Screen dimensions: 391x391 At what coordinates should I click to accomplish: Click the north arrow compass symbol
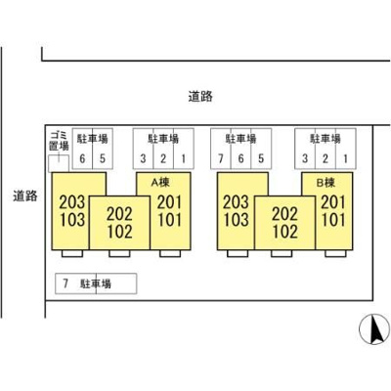[374, 329]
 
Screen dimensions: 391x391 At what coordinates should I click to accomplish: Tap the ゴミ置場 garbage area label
[60, 141]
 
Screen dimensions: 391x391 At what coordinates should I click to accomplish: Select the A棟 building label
[160, 183]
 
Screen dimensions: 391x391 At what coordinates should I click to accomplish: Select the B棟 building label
[326, 183]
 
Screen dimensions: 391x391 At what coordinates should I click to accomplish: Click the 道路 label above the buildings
[200, 97]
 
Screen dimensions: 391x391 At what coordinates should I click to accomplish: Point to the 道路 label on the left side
[25, 195]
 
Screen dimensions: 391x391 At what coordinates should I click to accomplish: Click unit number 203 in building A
[72, 202]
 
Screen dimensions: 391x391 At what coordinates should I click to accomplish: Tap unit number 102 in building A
[120, 232]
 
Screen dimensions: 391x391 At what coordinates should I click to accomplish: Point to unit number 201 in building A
[169, 202]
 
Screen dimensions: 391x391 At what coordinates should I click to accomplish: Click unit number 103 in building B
[237, 220]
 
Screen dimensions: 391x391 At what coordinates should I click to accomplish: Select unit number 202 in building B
[285, 214]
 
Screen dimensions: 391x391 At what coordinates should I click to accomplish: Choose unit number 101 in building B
[333, 220]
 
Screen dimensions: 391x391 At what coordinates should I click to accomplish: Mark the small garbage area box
[59, 163]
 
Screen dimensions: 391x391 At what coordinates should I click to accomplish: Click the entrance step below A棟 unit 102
[119, 253]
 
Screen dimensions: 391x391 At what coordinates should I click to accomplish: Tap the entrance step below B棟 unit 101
[335, 253]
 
